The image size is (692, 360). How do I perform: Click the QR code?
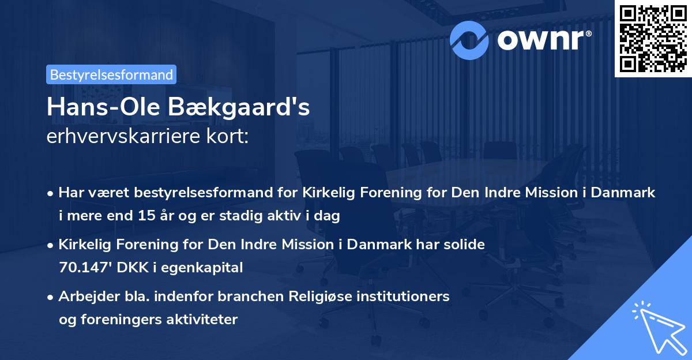(x=652, y=38)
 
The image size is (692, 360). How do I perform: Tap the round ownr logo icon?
(x=469, y=40)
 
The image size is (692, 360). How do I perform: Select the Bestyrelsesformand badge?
(x=111, y=74)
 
